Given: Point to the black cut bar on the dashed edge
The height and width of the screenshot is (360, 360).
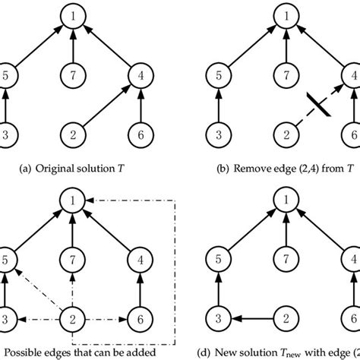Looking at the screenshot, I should click(x=316, y=103).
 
